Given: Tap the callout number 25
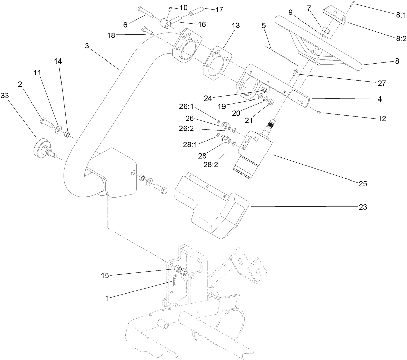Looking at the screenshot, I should pos(363,184).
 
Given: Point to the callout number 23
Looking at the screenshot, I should pos(363,207).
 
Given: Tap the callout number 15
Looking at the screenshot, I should pos(105,276).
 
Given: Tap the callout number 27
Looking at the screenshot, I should pos(382,83).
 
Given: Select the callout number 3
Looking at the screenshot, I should pos(87,46).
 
